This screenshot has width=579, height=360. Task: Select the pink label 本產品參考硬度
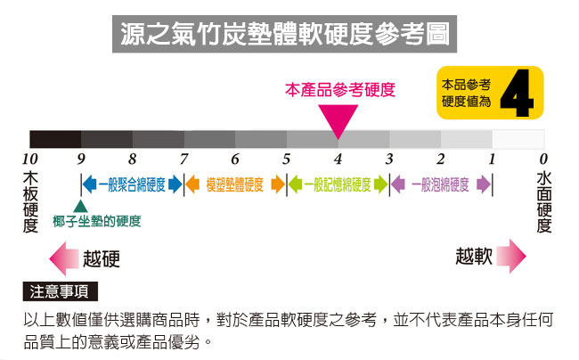coord(338,90)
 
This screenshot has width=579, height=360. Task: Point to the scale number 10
coord(29,160)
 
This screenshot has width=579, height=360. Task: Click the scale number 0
coord(543,160)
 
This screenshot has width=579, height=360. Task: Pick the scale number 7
coord(184,160)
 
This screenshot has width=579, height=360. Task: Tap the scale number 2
coord(440,160)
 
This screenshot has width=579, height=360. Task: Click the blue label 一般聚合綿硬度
coord(132,185)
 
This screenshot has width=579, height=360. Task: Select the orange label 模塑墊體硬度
coord(234,185)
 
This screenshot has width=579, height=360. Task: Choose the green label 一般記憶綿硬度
coord(338,185)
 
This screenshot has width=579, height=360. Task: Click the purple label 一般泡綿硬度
coord(441,185)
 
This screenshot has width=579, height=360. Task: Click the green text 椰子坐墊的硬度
coord(96,222)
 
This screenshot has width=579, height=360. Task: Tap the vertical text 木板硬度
coord(29,202)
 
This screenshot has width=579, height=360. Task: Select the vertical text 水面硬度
coord(543,202)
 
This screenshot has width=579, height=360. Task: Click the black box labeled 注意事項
coord(60,292)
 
